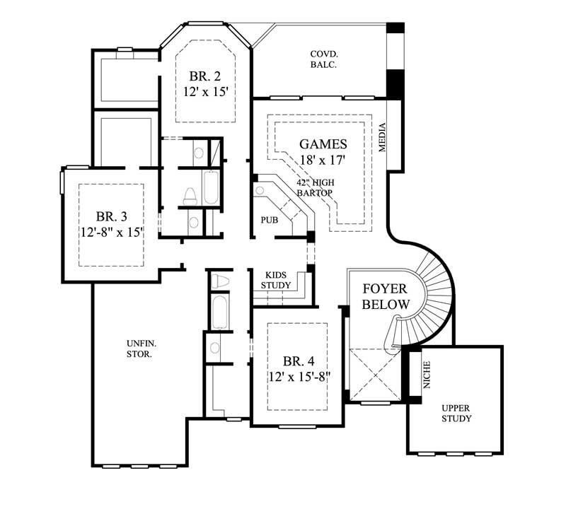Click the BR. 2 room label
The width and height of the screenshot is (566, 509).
(205, 76)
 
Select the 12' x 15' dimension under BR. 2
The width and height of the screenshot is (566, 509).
(205, 92)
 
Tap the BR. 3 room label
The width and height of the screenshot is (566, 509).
(112, 215)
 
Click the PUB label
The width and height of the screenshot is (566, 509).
(268, 220)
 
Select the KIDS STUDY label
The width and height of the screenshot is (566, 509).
(275, 280)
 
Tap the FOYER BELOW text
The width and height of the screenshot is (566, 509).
(386, 296)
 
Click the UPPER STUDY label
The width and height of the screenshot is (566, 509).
(456, 413)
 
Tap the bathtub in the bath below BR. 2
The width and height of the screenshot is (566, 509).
(212, 189)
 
